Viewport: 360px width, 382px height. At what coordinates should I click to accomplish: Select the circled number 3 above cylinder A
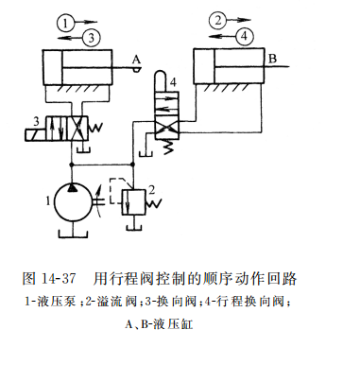[91, 37]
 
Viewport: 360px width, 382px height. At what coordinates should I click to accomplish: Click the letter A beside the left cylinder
[136, 60]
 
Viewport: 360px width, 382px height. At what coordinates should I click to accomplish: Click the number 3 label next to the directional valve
[34, 121]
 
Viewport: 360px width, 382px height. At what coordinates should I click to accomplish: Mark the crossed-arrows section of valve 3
[80, 126]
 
